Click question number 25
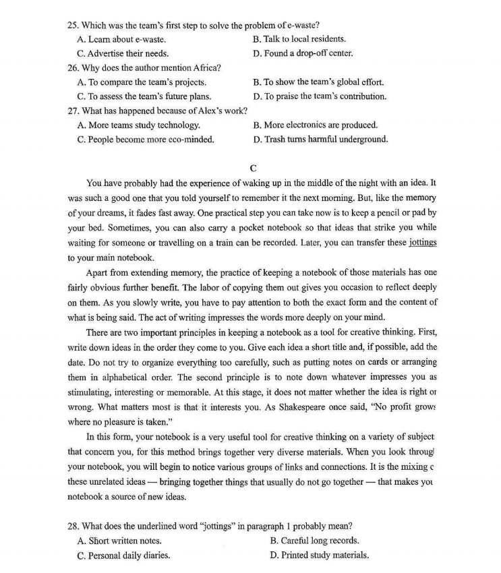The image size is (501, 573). [x=74, y=26]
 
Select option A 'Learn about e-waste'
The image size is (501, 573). [x=121, y=39]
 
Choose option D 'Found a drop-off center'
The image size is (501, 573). [x=303, y=53]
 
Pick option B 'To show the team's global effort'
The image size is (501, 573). [x=318, y=82]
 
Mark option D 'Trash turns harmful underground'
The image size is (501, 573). [x=320, y=140]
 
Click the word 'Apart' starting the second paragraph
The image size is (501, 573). [x=98, y=272]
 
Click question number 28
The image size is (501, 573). [x=74, y=526]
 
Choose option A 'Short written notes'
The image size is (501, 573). [x=119, y=541]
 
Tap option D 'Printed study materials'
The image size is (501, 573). [x=319, y=555]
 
